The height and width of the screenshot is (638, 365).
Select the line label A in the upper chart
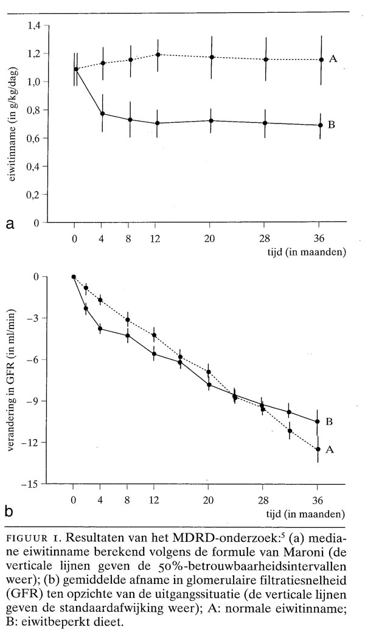coord(333,59)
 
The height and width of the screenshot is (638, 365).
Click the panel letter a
coord(10,224)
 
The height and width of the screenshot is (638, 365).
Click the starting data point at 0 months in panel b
coord(74,277)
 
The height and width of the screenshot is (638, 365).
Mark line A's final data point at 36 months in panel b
coord(318,449)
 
